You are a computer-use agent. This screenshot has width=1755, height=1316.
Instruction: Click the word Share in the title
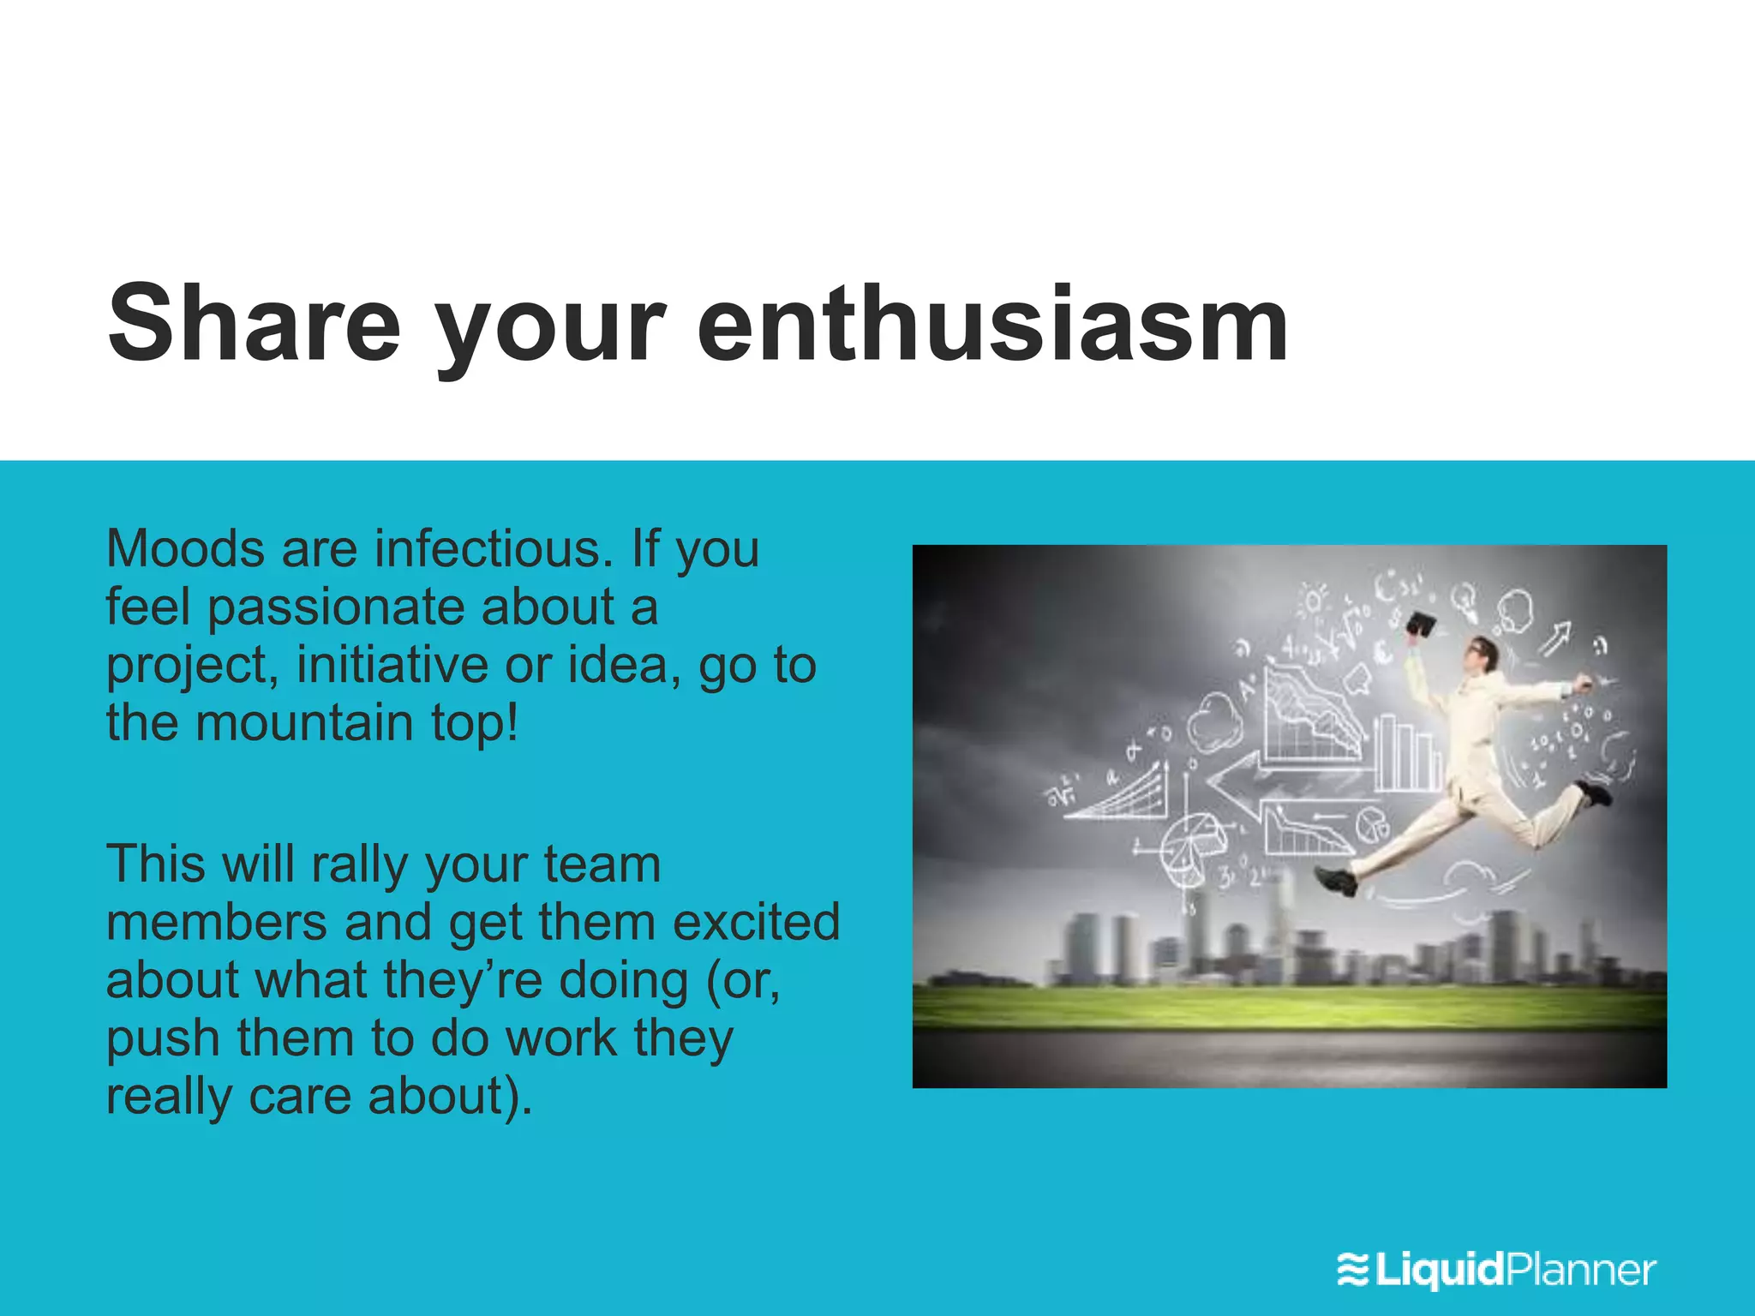(254, 324)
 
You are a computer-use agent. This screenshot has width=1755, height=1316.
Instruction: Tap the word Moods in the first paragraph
(185, 548)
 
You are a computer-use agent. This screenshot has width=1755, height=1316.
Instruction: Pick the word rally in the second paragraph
(360, 865)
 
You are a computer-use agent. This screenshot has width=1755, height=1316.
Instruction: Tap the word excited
(756, 923)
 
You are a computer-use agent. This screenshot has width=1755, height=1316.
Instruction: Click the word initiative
(392, 665)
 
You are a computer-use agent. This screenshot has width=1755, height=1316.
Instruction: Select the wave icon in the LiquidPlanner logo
(1353, 1269)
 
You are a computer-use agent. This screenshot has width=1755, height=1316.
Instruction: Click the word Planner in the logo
(1581, 1269)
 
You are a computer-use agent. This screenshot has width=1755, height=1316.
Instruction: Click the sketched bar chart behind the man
(1405, 754)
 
